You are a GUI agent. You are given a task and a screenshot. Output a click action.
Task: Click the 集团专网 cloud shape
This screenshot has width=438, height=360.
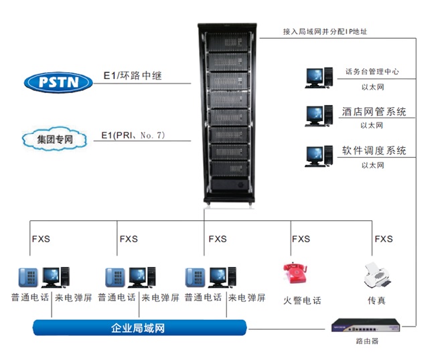(x=56, y=140)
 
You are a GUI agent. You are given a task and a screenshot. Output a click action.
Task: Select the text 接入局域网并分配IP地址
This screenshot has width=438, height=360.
(x=325, y=31)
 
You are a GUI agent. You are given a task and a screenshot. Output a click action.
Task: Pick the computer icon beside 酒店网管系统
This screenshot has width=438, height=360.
(x=318, y=115)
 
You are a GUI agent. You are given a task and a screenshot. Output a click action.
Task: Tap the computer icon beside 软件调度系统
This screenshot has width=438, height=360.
(x=318, y=156)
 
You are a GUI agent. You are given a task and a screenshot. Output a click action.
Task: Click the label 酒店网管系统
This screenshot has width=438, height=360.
(x=374, y=112)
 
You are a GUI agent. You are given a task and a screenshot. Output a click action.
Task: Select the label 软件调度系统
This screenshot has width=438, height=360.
(x=374, y=151)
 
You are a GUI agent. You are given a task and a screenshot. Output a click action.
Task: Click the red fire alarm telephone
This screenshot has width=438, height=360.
(x=295, y=274)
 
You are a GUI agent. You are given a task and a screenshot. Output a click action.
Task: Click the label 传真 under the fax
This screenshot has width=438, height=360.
(x=376, y=300)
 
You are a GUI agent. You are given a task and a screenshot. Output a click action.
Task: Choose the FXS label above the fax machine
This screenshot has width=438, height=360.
(x=384, y=239)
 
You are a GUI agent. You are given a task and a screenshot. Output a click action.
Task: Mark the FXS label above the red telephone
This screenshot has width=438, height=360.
(x=301, y=239)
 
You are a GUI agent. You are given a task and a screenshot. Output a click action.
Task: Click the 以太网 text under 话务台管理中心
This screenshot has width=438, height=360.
(x=372, y=87)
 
